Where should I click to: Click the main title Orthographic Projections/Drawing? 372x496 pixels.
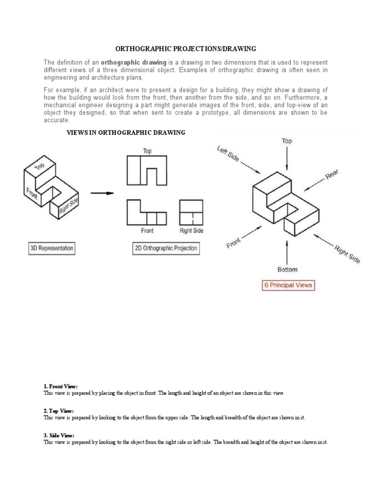pyautogui.click(x=186, y=49)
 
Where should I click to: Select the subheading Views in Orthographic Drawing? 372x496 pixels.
pyautogui.click(x=125, y=132)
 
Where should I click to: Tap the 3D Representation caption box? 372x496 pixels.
pyautogui.click(x=52, y=248)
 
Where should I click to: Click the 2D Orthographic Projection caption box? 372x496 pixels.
pyautogui.click(x=165, y=248)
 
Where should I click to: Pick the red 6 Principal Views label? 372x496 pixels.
pyautogui.click(x=288, y=285)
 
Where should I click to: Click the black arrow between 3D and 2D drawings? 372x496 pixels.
pyautogui.click(x=102, y=193)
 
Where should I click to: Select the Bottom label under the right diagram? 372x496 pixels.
pyautogui.click(x=288, y=269)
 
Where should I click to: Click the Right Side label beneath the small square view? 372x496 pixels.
pyautogui.click(x=191, y=231)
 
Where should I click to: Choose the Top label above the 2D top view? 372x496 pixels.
pyautogui.click(x=147, y=151)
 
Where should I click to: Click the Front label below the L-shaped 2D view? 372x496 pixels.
pyautogui.click(x=147, y=231)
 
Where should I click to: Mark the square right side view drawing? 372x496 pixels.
pyautogui.click(x=191, y=212)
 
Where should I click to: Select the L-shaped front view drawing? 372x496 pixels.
pyautogui.click(x=146, y=213)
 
